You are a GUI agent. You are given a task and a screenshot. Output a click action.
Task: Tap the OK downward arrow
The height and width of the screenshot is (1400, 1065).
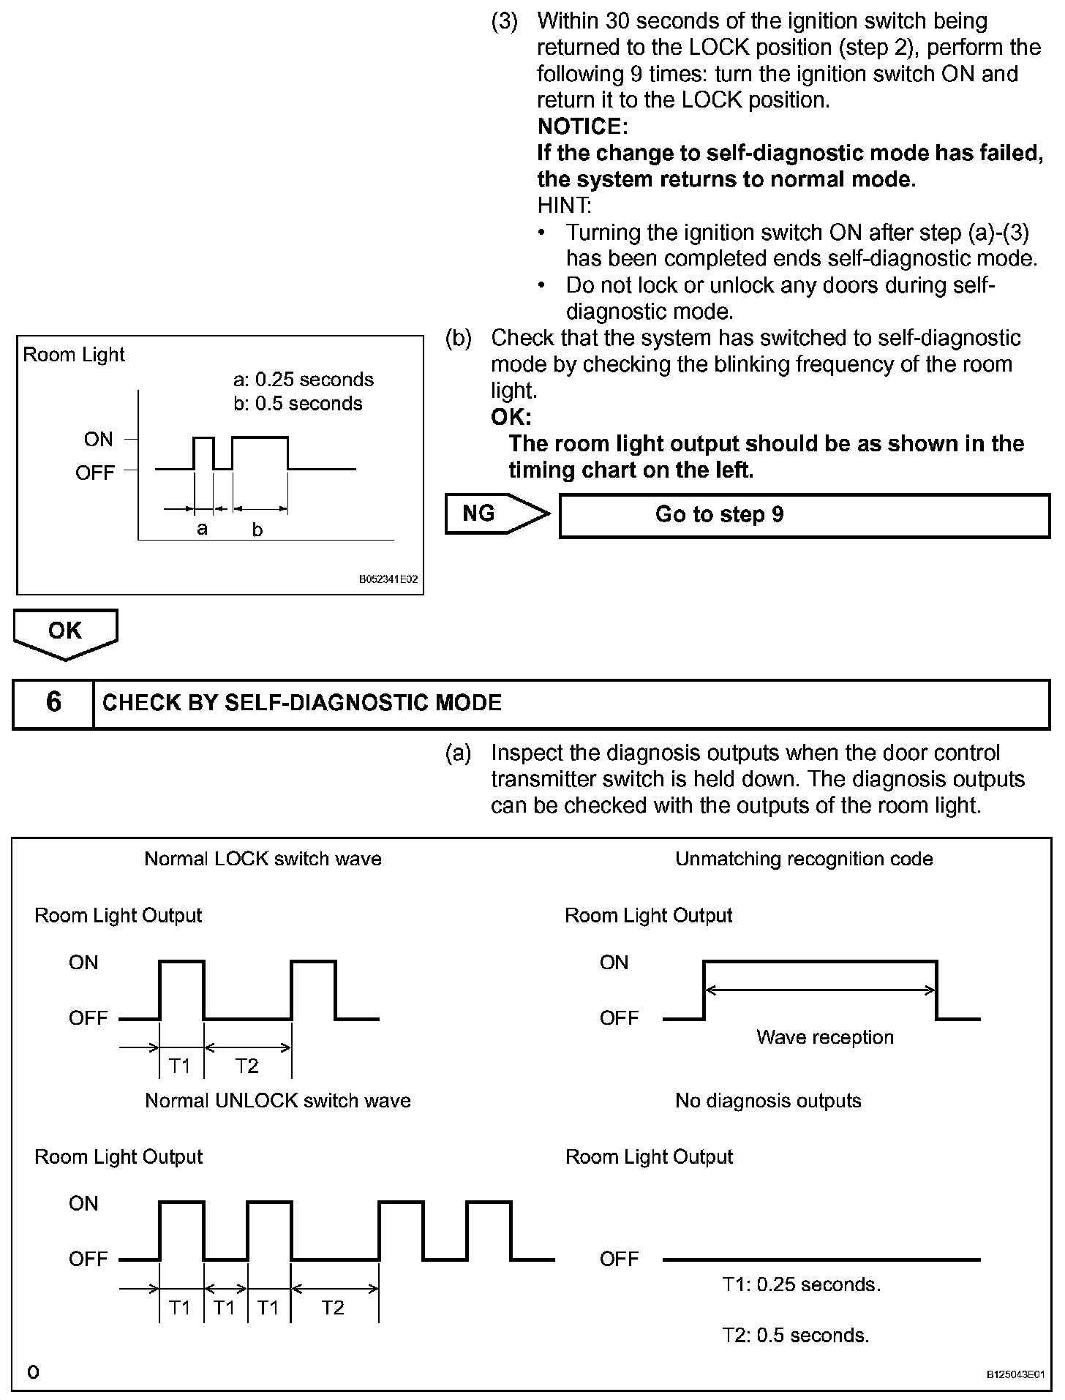click(65, 632)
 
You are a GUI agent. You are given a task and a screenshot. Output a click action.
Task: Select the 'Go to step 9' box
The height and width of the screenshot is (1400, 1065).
click(804, 515)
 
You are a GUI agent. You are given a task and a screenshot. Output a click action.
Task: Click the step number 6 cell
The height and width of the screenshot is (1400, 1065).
click(53, 703)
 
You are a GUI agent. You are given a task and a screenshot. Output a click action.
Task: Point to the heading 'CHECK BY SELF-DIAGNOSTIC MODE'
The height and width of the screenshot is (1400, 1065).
click(302, 703)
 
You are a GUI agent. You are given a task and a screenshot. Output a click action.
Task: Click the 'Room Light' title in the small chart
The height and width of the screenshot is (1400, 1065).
click(74, 355)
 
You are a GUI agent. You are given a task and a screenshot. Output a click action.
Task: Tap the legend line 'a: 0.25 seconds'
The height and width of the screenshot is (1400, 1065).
click(303, 380)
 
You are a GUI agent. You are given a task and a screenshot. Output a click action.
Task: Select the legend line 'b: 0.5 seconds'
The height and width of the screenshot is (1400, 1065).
click(298, 404)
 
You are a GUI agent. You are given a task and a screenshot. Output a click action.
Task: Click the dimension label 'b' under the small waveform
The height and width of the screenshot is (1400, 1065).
click(257, 530)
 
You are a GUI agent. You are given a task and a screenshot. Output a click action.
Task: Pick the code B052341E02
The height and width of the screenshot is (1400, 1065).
click(388, 579)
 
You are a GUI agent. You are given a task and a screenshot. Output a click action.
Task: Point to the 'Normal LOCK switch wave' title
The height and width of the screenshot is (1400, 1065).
click(263, 859)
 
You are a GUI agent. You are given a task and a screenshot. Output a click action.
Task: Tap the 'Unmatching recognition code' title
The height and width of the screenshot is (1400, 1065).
click(804, 859)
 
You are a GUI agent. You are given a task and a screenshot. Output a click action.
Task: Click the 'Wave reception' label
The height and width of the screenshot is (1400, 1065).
click(824, 1037)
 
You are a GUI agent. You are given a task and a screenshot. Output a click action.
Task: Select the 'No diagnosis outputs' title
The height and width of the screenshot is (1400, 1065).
click(768, 1101)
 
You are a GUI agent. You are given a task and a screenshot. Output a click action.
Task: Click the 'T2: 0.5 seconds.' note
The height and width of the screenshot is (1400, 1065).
click(796, 1336)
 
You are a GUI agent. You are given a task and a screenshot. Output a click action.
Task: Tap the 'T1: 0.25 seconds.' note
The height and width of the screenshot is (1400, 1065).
click(802, 1285)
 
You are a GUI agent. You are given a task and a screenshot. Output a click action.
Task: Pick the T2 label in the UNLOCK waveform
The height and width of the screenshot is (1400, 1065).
click(333, 1308)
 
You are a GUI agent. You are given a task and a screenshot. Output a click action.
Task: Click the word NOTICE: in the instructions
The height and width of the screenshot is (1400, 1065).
click(582, 127)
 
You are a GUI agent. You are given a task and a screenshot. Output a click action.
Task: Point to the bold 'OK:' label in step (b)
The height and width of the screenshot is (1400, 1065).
click(511, 418)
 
